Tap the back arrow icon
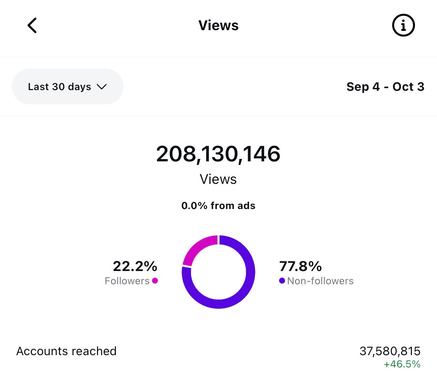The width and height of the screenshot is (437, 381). click(32, 26)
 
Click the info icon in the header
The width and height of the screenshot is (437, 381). click(403, 26)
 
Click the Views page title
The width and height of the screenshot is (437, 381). click(218, 26)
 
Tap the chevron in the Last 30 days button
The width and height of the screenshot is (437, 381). click(102, 87)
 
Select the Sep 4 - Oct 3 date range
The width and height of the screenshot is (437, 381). click(385, 87)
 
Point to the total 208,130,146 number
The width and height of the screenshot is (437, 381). click(218, 154)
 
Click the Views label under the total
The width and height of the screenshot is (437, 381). click(218, 179)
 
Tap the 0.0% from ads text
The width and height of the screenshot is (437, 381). click(218, 206)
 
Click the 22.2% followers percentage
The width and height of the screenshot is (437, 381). click(135, 266)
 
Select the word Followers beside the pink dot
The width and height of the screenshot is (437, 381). click(127, 281)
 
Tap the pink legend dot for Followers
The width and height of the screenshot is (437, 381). click(155, 281)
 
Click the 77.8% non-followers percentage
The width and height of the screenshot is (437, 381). click(301, 266)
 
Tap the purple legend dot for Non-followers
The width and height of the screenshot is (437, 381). click(282, 281)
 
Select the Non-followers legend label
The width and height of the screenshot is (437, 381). click(320, 281)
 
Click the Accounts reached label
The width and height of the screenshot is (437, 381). click(66, 351)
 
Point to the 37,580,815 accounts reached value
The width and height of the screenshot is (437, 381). click(390, 351)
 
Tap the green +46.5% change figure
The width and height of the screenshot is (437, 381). click(402, 364)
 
